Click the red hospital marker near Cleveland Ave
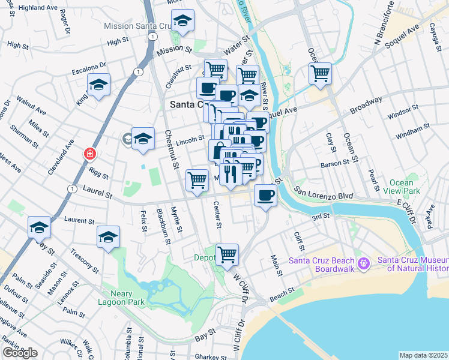coord(89,154)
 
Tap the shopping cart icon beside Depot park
coord(227,254)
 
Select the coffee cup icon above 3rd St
coord(265,195)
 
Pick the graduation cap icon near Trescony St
coord(108,236)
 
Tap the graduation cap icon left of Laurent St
coord(39,227)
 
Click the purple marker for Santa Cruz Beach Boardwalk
coord(363,263)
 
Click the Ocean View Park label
coord(401,187)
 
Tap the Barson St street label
coord(335,163)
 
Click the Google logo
coord(20,353)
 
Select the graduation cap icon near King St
coord(98,85)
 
